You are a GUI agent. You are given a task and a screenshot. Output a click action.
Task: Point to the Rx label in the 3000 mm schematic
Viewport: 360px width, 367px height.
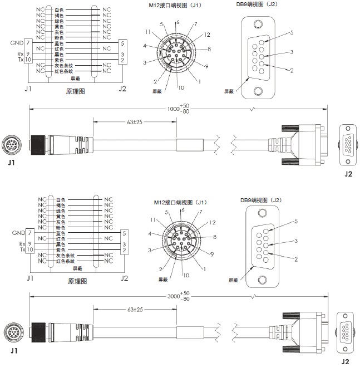(x=21, y=244)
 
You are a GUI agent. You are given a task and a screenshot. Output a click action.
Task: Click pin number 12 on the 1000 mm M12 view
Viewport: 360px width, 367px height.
(x=208, y=35)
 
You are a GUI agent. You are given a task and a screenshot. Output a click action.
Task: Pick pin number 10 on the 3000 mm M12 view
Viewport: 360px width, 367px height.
(x=185, y=275)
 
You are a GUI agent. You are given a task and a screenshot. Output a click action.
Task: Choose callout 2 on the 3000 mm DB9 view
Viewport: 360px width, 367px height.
(x=295, y=259)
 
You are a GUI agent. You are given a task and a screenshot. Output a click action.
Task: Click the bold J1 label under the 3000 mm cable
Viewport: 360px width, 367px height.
(x=12, y=353)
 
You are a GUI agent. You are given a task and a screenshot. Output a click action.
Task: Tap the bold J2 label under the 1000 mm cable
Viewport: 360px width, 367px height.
(x=348, y=174)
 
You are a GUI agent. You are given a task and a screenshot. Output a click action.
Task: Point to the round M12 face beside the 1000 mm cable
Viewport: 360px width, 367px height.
(x=12, y=146)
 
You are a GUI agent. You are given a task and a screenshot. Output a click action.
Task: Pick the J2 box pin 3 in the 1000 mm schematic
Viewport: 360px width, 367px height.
(x=122, y=54)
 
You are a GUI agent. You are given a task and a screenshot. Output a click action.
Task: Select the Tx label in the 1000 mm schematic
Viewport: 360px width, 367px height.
(x=21, y=60)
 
